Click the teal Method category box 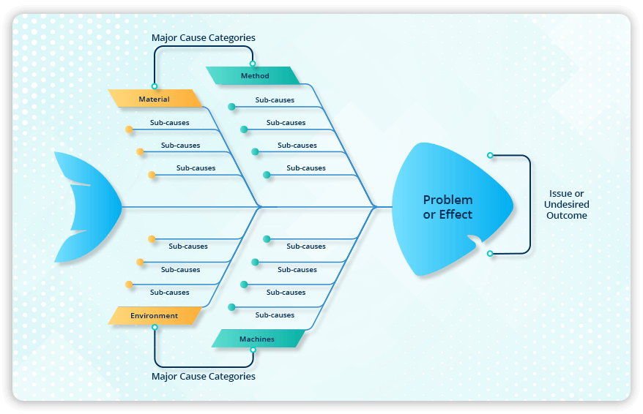pyautogui.click(x=253, y=75)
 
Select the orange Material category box pyautogui.click(x=155, y=99)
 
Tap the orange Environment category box pyautogui.click(x=155, y=315)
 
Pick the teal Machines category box pyautogui.click(x=258, y=339)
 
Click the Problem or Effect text pyautogui.click(x=447, y=207)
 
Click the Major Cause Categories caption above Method pyautogui.click(x=203, y=37)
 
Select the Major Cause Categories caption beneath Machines pyautogui.click(x=203, y=376)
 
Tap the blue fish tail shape pyautogui.click(x=84, y=207)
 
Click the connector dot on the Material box pyautogui.click(x=155, y=86)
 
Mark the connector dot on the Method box pyautogui.click(x=253, y=64)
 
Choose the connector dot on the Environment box pyautogui.click(x=155, y=328)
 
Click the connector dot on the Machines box pyautogui.click(x=253, y=350)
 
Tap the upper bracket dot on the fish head pyautogui.click(x=490, y=155)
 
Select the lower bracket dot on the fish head pyautogui.click(x=490, y=253)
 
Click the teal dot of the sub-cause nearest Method pyautogui.click(x=231, y=107)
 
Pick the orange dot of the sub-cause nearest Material pyautogui.click(x=129, y=129)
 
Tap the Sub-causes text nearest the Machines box pyautogui.click(x=275, y=315)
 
